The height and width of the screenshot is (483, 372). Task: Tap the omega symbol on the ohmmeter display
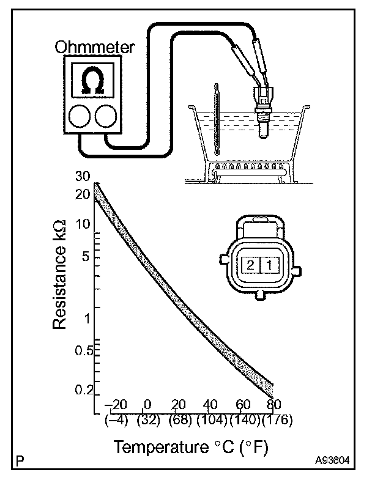[x=92, y=81]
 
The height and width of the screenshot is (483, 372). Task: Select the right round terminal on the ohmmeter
[x=105, y=116]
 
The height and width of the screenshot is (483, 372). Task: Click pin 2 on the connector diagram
[x=251, y=265]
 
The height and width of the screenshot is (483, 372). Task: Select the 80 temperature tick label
[x=273, y=405]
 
